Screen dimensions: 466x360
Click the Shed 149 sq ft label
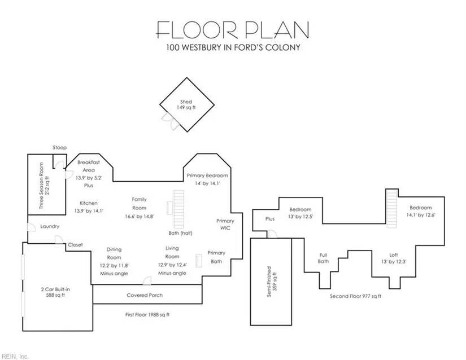pos(186,104)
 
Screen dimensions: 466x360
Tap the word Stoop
pos(60,147)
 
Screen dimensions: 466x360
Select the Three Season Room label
pos(44,186)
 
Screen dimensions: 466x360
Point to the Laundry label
pos(50,226)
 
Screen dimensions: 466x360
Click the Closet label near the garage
pos(75,245)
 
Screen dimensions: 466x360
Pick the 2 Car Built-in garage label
pos(55,292)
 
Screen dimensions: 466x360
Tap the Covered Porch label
pos(145,295)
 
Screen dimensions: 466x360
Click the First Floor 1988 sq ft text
pos(147,315)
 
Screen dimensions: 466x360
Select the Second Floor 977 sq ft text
pos(355,296)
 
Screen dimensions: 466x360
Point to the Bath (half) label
pos(180,233)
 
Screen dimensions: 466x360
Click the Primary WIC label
pos(225,225)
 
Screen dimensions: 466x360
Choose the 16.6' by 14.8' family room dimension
pos(140,216)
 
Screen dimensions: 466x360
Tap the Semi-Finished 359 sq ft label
pos(272,282)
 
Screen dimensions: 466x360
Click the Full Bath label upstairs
pos(323,258)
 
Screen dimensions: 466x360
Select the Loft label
pos(394,255)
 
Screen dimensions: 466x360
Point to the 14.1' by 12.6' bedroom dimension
pos(420,215)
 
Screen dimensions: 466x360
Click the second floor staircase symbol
pos(392,209)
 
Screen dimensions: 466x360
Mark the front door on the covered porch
pos(147,281)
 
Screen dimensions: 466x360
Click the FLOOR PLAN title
pos(233,30)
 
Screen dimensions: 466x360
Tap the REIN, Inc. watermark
pos(15,356)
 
